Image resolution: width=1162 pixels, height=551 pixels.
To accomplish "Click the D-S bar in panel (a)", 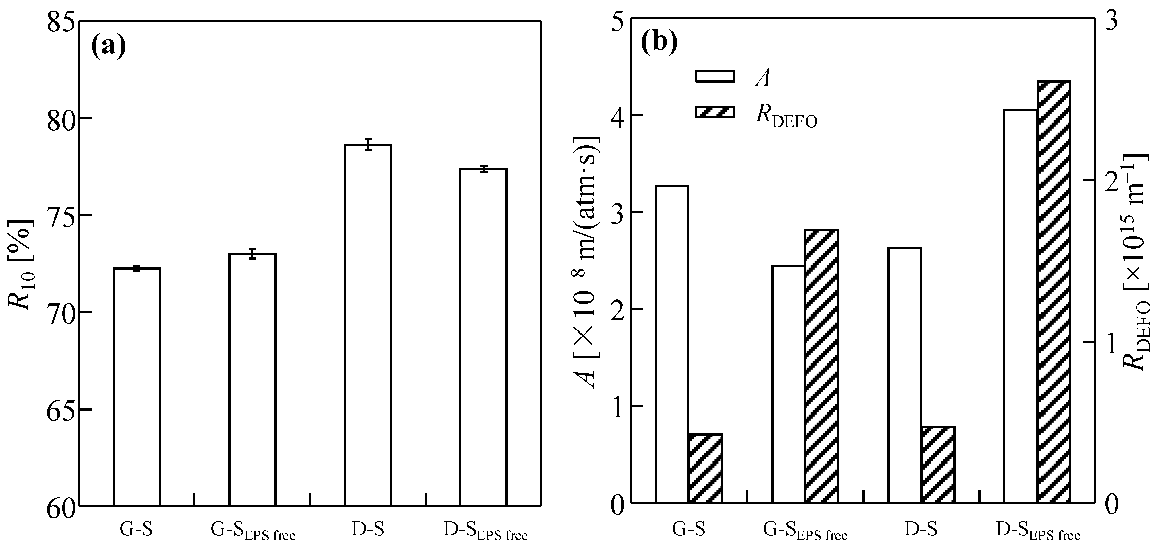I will [x=368, y=325].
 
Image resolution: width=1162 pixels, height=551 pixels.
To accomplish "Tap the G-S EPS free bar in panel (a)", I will [x=253, y=379].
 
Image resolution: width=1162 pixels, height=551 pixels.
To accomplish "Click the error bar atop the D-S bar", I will [x=368, y=145].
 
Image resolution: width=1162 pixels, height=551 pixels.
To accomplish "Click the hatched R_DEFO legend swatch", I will [x=715, y=112].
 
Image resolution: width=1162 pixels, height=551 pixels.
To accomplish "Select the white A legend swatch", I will [x=715, y=76].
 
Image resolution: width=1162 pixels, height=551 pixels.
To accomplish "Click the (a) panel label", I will [x=108, y=46].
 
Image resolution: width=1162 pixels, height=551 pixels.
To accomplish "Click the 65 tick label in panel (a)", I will [x=61, y=409].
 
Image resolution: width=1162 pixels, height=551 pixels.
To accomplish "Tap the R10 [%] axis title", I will [x=21, y=266].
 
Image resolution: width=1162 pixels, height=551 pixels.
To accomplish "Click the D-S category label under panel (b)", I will [x=921, y=529].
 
